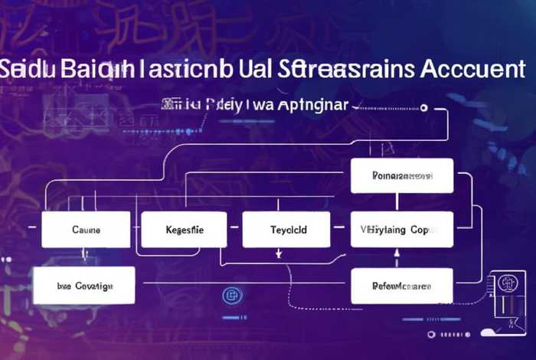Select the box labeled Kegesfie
(x=184, y=230)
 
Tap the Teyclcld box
(x=286, y=230)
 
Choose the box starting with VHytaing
(x=402, y=230)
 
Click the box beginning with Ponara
(x=402, y=176)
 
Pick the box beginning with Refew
(x=402, y=286)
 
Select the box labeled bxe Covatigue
(x=85, y=286)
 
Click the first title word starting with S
(x=26, y=69)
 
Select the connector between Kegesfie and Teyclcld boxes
(x=235, y=230)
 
